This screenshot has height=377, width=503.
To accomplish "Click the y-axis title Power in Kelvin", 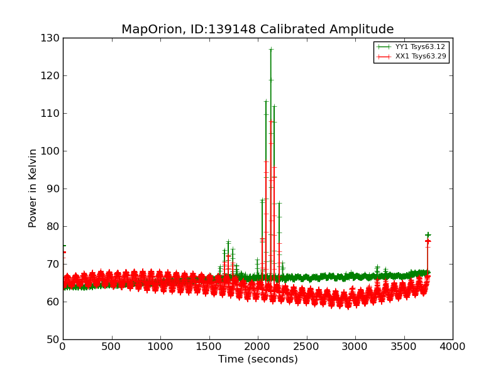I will tap(33, 188).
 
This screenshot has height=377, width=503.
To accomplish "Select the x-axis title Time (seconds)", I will tap(258, 359).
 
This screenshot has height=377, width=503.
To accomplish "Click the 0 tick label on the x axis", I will tap(63, 346).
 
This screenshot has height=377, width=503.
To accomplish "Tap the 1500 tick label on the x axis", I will tap(209, 346).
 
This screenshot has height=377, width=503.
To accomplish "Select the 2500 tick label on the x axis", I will tap(306, 346).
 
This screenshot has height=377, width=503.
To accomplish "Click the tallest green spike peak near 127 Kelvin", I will tap(271, 49).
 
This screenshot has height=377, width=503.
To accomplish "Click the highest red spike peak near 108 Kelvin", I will tap(271, 121).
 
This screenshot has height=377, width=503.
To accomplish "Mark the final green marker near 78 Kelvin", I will tap(428, 235).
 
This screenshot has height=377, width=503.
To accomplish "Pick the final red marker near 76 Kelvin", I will tap(428, 241).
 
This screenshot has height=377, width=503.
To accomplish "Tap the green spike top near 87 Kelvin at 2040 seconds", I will tap(262, 200).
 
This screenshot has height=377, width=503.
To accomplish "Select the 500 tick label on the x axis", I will tap(111, 346).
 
